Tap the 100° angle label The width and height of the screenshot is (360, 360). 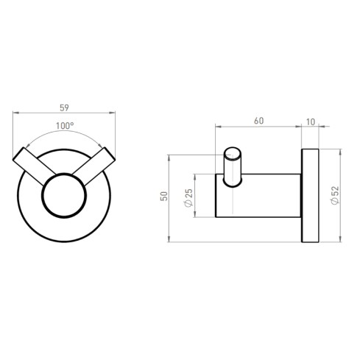tap(65, 126)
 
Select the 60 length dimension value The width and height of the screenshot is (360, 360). tap(258, 119)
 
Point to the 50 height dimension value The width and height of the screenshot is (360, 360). tap(164, 196)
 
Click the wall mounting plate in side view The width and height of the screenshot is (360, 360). tap(308, 196)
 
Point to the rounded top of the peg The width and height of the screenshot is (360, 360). tap(233, 149)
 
